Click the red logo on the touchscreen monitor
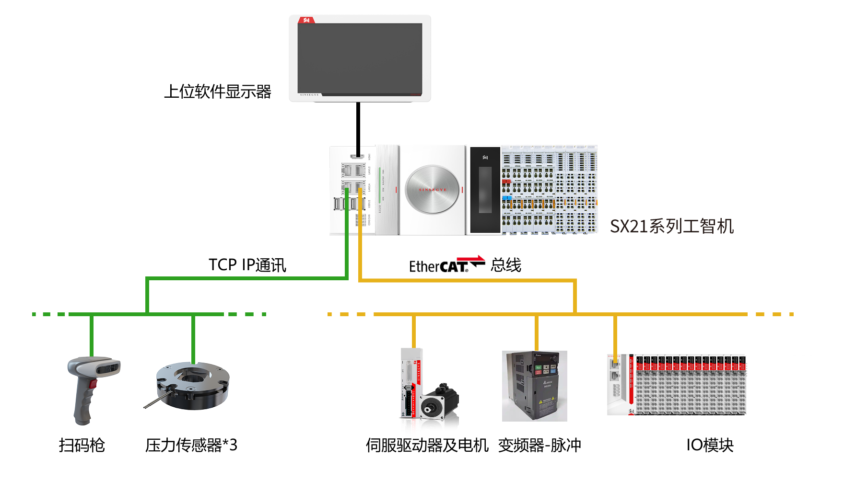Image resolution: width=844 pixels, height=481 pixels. point(306,20)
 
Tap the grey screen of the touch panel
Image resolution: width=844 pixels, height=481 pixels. point(360,58)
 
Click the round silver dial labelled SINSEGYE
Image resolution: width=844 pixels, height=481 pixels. point(433,190)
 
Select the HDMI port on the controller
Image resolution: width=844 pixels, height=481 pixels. point(356,156)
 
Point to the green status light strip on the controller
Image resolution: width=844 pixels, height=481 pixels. point(379,185)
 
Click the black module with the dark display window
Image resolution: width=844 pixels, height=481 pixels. point(485,190)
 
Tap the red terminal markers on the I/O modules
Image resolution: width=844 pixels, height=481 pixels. point(506,182)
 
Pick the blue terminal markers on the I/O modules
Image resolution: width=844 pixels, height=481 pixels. point(507,197)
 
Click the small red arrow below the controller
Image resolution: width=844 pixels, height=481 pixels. point(470,259)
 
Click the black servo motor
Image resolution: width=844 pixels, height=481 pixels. point(439,405)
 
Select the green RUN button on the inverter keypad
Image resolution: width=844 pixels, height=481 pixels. point(539,367)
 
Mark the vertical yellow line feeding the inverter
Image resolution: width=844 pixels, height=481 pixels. point(537,333)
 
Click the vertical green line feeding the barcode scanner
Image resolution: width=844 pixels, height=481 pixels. point(92,335)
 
